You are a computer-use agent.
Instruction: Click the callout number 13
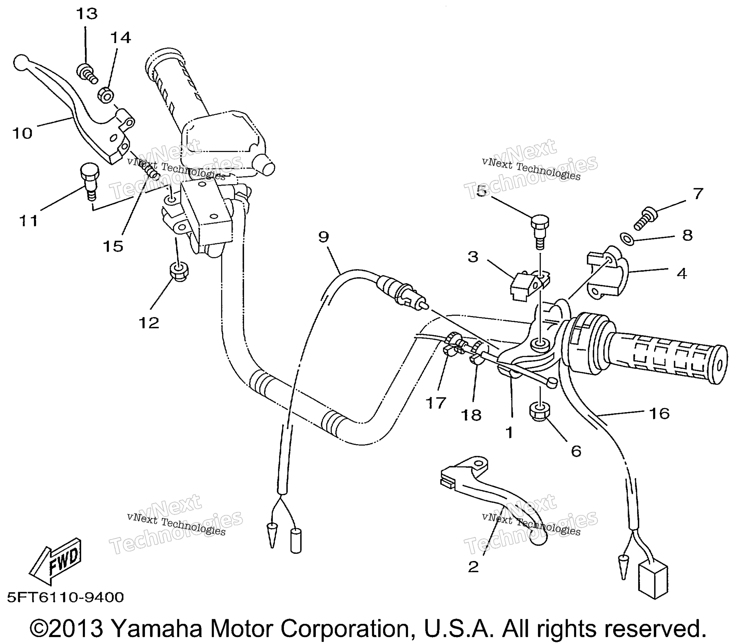coord(87,14)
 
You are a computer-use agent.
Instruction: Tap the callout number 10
coord(23,134)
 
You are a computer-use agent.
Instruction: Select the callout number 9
coord(323,237)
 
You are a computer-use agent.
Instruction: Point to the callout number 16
coord(659,414)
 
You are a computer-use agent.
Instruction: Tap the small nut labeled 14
coord(106,95)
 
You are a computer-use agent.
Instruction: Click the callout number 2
coord(473,567)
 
